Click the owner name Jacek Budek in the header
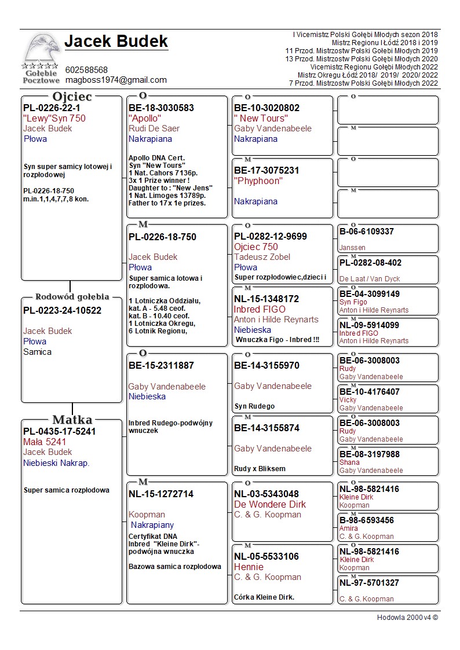coord(116,42)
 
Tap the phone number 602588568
coord(86,70)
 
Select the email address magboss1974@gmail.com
coord(116,80)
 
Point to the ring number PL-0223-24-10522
coord(62,310)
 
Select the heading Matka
coord(72,420)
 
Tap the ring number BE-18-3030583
coord(161,108)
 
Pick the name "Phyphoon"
coord(258,181)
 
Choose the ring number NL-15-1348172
coord(266,299)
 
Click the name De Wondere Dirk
coord(269,504)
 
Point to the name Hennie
coord(249,567)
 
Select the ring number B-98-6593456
coord(366,520)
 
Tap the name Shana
coord(349,462)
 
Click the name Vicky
coord(348,400)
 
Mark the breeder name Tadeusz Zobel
coord(262,257)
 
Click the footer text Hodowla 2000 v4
coord(407,617)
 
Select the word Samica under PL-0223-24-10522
coord(37,352)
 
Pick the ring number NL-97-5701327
coord(369,583)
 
